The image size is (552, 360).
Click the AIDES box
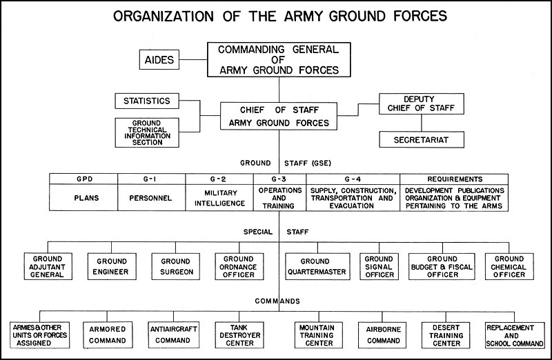pos(159,59)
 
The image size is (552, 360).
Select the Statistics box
pos(147,101)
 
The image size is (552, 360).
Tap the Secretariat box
pos(422,140)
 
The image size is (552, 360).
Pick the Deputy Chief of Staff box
pos(422,104)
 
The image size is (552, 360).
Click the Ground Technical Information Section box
pos(147,132)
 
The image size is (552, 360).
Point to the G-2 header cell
pos(219,179)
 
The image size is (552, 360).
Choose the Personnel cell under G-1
pos(151,198)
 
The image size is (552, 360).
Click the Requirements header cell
pos(454,179)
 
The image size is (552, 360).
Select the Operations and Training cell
pos(280,198)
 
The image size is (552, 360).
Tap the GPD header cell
pos(83,179)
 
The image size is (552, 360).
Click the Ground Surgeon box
pos(176,266)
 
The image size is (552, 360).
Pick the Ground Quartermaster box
pos(317,266)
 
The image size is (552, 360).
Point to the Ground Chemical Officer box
pos(509,266)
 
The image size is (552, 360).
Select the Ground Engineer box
pos(112,266)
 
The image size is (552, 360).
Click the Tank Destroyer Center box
pos(239,335)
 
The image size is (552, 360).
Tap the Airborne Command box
pos(382,335)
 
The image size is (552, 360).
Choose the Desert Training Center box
pos(446,335)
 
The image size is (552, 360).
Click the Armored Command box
pos(108,335)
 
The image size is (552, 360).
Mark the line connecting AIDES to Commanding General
pos(193,59)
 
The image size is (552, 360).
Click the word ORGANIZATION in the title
pos(164,16)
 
